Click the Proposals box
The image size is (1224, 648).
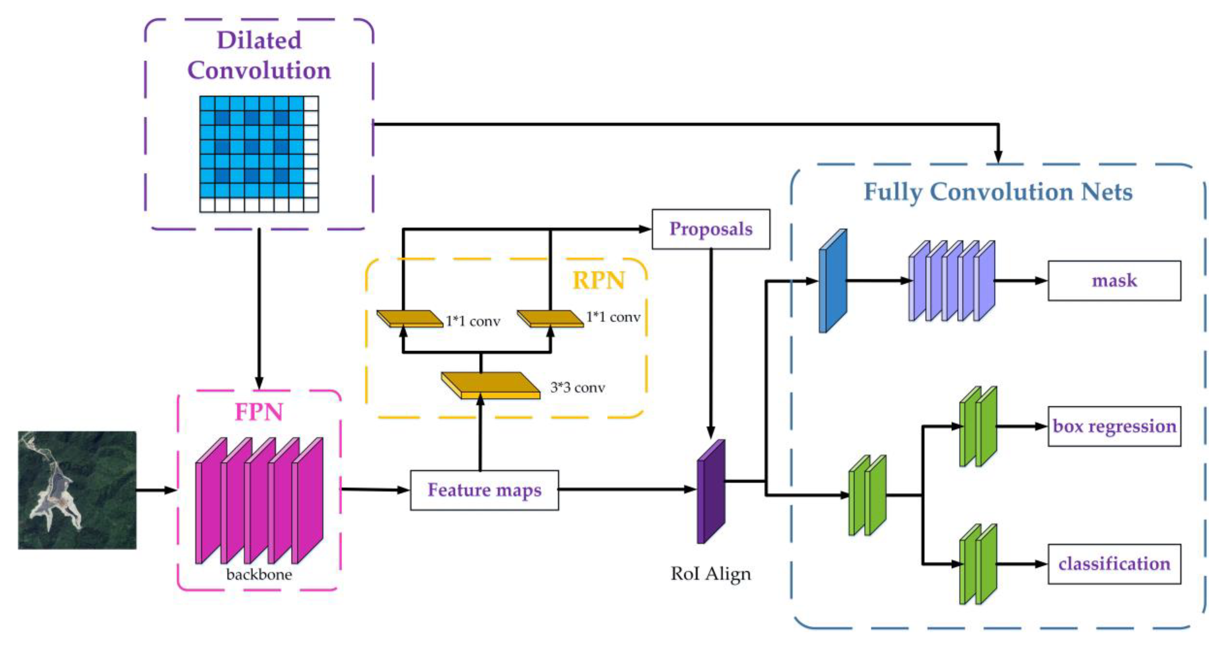(710, 229)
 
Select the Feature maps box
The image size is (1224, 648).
(484, 490)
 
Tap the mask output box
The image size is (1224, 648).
(1114, 280)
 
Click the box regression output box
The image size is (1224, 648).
(1114, 426)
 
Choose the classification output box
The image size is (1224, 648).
(1114, 564)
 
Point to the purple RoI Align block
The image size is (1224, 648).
(710, 492)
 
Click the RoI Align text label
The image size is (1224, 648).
(710, 574)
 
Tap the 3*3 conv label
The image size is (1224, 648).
(577, 388)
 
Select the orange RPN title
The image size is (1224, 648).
(598, 280)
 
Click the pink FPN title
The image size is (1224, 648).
(259, 412)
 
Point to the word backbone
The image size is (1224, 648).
(259, 575)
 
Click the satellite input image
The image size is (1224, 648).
(77, 490)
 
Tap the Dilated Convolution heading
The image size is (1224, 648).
(259, 55)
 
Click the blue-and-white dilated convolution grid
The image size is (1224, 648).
(259, 154)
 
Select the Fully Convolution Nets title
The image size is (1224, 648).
(998, 192)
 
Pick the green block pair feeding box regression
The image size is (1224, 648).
(978, 426)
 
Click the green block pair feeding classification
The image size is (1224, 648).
(978, 564)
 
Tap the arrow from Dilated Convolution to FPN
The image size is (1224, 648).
(259, 309)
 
